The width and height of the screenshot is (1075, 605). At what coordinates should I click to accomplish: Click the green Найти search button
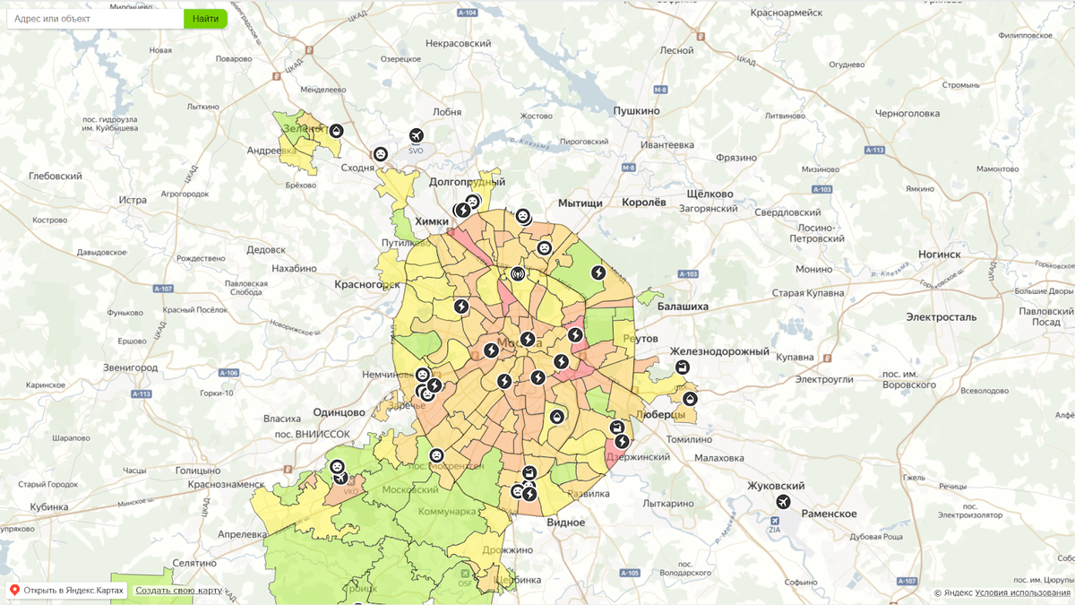(205, 18)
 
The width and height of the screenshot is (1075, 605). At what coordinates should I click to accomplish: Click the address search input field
(95, 18)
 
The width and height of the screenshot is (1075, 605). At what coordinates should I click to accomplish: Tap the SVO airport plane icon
(416, 135)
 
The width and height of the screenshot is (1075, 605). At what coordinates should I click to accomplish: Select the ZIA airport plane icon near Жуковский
(784, 502)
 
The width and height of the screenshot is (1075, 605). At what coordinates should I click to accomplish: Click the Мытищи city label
(580, 203)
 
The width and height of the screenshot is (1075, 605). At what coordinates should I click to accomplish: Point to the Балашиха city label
(683, 307)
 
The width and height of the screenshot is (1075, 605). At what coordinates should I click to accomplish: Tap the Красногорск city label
(366, 284)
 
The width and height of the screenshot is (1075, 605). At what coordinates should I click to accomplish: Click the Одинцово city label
(340, 412)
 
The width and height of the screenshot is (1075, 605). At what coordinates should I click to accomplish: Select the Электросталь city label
(941, 317)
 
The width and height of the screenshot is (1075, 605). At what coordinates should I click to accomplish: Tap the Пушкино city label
(636, 110)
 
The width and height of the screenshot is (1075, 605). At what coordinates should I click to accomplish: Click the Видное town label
(565, 523)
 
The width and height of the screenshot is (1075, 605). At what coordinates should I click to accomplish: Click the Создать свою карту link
(178, 591)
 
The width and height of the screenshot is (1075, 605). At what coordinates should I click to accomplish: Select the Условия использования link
(1022, 592)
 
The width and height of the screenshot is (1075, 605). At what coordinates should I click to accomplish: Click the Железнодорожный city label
(719, 352)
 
